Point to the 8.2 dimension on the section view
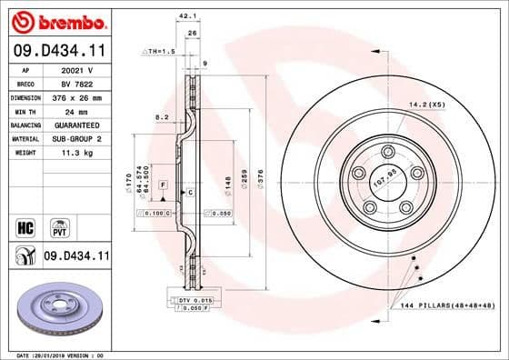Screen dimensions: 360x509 pyautogui.click(x=162, y=117)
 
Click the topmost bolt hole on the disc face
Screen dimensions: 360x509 pyautogui.click(x=388, y=151)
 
